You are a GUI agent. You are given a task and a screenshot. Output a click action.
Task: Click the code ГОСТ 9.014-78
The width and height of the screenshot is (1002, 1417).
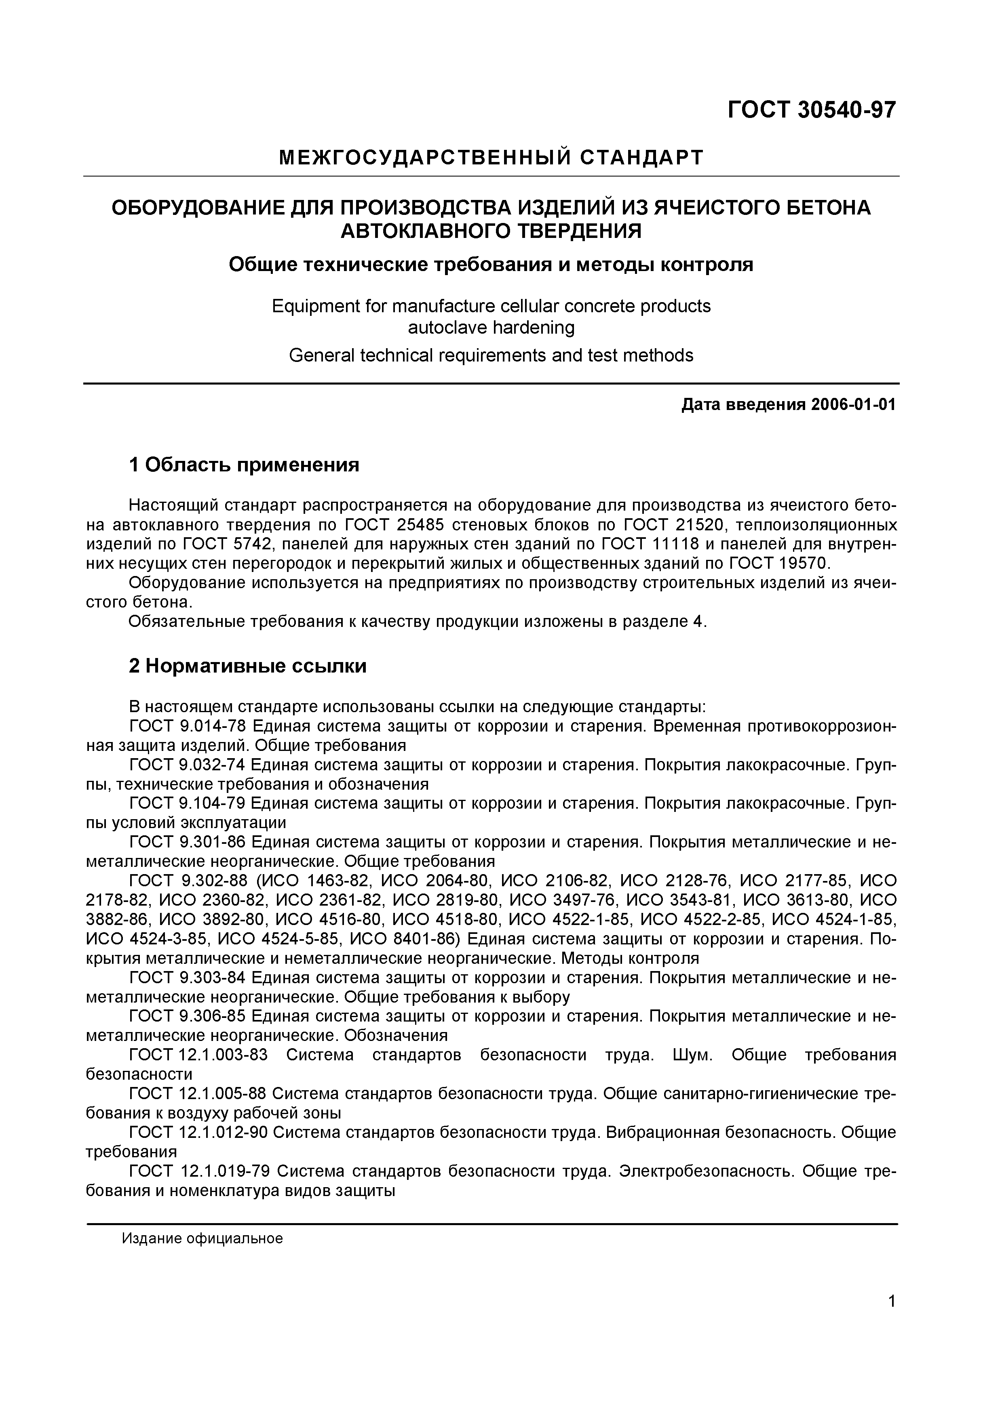point(187,726)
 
